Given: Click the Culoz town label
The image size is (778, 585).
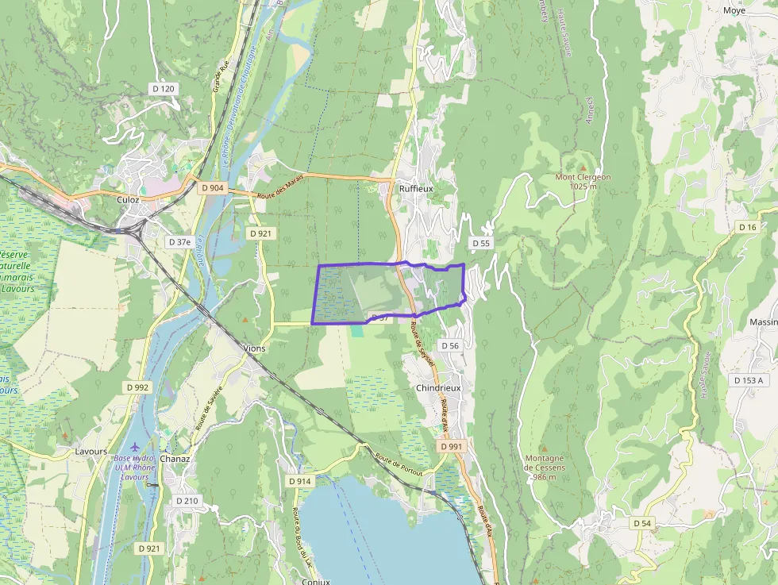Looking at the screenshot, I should coord(128,200).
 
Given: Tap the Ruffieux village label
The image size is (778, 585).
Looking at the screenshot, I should coord(415,189).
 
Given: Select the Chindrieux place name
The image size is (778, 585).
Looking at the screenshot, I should coord(439,388).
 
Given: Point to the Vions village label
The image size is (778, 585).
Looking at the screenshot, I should coord(255,348).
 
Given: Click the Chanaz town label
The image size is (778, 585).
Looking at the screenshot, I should coord(175,459).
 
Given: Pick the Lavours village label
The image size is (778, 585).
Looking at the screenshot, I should coord(91,452).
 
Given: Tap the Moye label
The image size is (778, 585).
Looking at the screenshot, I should coord(734,10).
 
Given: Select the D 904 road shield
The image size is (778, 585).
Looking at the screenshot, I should coord(214,188).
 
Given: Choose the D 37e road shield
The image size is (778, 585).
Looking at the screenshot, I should coord(180,241).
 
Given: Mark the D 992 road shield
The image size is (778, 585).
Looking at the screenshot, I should coord(137,387).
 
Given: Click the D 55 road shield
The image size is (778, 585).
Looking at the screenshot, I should coord(481,243).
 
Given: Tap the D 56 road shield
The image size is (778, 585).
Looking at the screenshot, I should coord(449,346).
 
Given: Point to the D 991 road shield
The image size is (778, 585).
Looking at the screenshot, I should coord(450,447).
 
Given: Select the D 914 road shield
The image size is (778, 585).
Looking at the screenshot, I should coord(300,481).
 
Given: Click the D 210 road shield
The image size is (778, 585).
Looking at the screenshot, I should coord(187,501).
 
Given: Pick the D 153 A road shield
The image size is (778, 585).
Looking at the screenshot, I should coord(749,381).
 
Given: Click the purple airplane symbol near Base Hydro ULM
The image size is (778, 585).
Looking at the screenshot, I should coord(134,446).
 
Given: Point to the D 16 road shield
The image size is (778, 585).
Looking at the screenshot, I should coord(747,228).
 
